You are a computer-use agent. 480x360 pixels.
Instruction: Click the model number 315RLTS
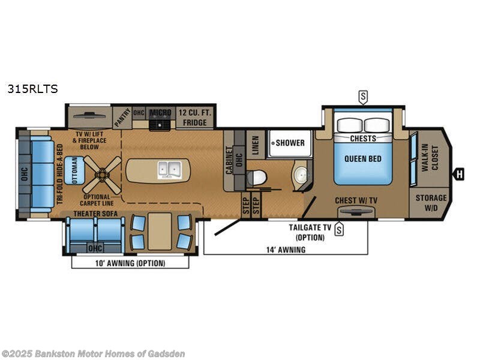tap(32, 89)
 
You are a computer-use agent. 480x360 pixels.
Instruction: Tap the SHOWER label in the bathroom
tap(290, 143)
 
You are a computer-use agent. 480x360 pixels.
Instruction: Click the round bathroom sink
tap(301, 176)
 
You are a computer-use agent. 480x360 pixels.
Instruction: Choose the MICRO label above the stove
tap(160, 112)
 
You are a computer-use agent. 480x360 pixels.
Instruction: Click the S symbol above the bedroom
tap(362, 95)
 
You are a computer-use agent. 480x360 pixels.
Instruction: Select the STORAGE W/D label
tap(431, 203)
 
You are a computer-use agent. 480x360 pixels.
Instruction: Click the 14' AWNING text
tap(286, 250)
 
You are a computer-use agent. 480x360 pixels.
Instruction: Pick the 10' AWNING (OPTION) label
tap(130, 263)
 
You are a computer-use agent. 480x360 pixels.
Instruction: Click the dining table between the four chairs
tap(160, 230)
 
